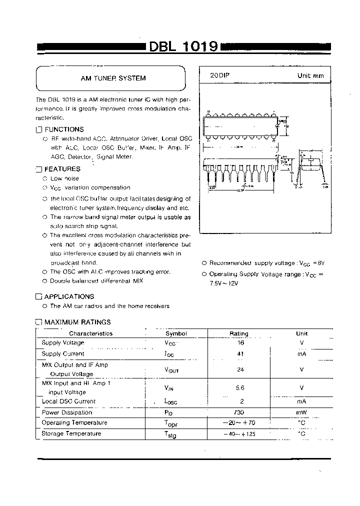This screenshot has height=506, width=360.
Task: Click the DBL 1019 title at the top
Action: coord(183,46)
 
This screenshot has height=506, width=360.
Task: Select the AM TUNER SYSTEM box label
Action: coord(113,78)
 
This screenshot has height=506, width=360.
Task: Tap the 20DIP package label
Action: coord(219,75)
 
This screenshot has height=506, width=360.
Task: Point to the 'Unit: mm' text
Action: coord(310,76)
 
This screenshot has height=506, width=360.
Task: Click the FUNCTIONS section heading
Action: coord(64,129)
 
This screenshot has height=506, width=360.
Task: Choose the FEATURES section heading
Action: coord(62,169)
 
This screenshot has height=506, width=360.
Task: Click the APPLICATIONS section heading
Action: coord(69,296)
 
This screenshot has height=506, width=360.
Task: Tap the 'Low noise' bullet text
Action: coord(64,178)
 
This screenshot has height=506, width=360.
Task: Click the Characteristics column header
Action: coord(90,333)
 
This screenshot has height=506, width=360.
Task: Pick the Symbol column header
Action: coord(176,333)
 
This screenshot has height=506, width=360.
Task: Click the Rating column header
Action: coord(238,333)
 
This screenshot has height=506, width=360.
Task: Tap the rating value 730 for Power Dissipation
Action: coord(238,412)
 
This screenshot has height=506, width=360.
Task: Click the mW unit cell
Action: coord(301,412)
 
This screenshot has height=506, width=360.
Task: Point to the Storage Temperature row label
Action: coord(71,433)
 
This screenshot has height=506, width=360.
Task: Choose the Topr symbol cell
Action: coord(170,423)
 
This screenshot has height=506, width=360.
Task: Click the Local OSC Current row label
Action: coord(68,401)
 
